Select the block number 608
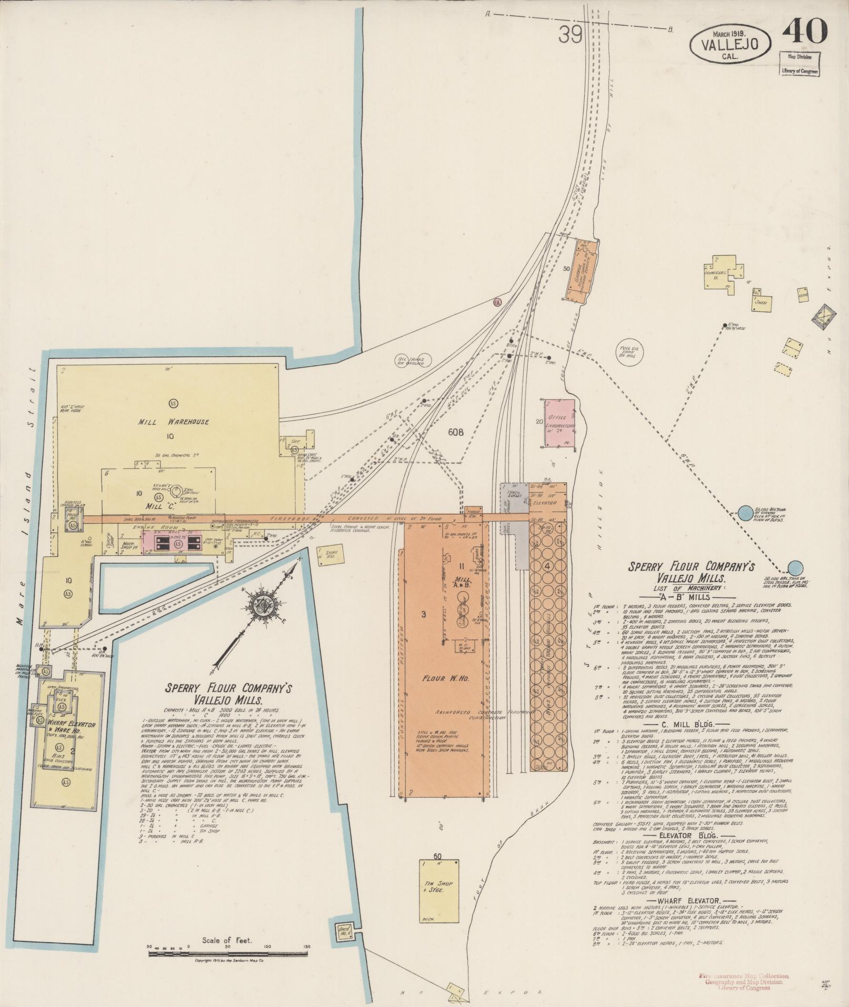point(456,432)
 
